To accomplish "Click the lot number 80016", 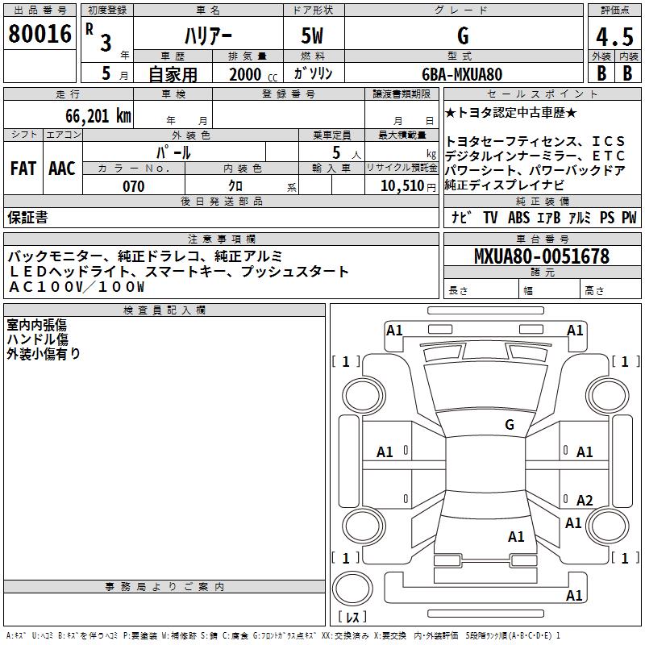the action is (x=40, y=33).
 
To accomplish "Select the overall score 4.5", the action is (x=614, y=36).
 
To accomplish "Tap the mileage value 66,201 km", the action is (x=98, y=115).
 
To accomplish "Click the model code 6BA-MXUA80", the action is (x=462, y=74).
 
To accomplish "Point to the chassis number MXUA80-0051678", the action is (x=542, y=256).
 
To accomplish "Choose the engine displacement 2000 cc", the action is (x=253, y=74).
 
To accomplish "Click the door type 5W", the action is (x=312, y=35).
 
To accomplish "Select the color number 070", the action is (x=134, y=186).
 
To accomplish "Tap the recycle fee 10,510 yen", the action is (x=408, y=186).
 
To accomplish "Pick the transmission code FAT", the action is (x=23, y=169).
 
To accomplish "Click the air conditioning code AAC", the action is (x=62, y=169).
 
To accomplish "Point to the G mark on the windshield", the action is (x=510, y=425).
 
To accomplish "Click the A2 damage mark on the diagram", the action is (x=585, y=500).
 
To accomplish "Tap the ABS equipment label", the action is (x=518, y=217).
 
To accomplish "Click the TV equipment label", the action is (x=490, y=217).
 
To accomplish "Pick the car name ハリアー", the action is (x=208, y=35).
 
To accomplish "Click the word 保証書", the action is (x=27, y=217).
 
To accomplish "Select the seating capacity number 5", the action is (x=336, y=152).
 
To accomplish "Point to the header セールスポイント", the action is (x=542, y=94).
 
